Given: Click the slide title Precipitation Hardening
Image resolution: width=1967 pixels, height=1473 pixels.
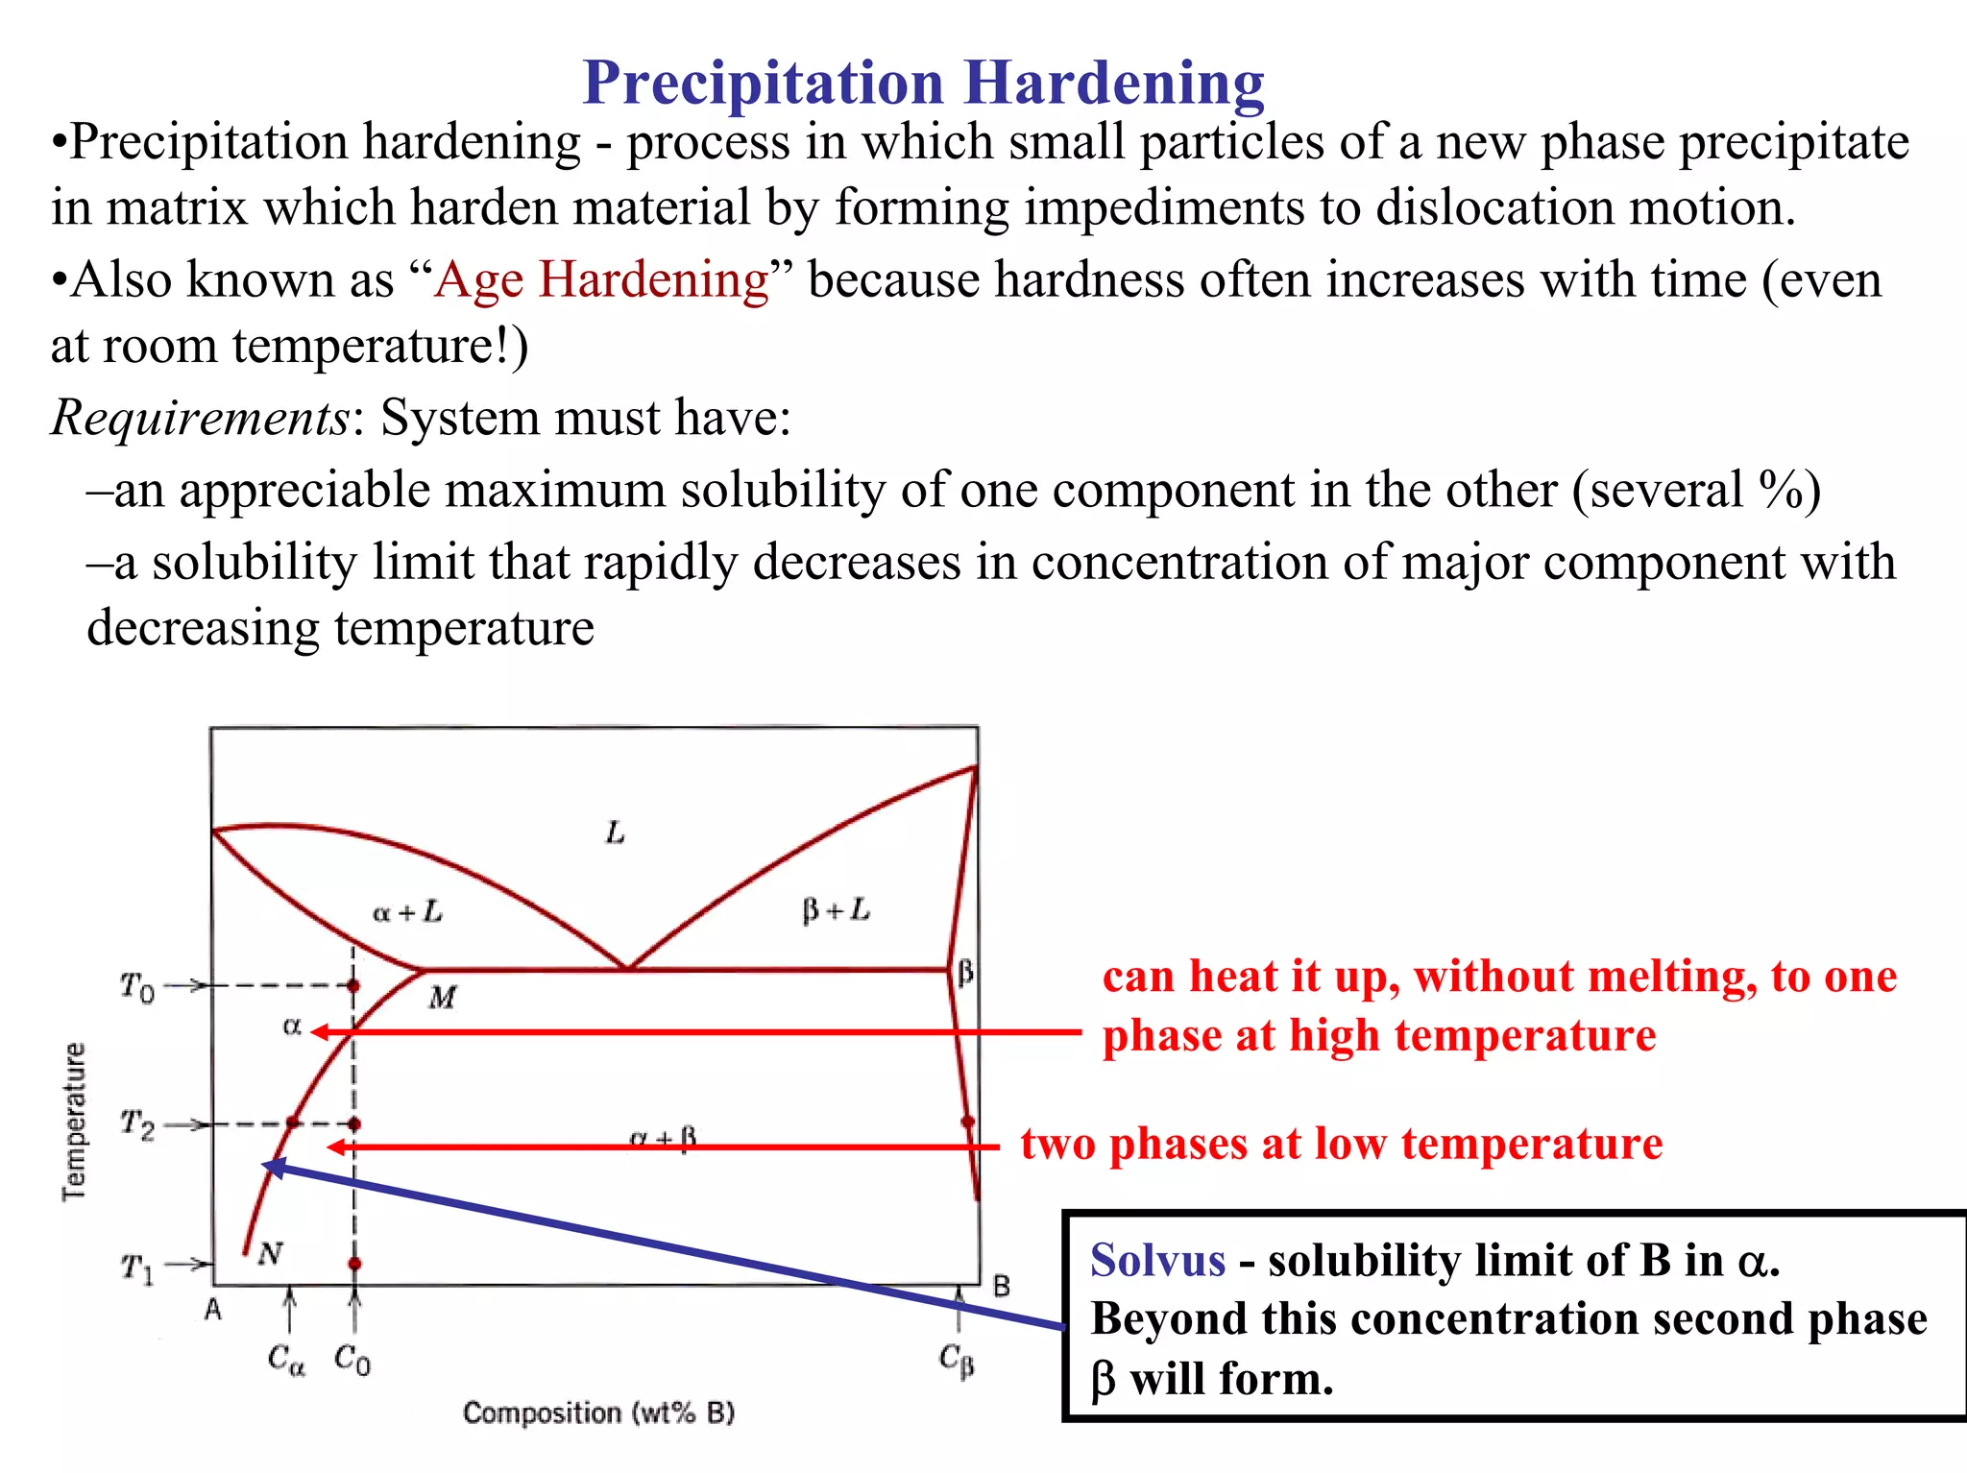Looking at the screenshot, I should tap(923, 83).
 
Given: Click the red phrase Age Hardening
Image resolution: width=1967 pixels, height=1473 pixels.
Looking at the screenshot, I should tap(601, 280).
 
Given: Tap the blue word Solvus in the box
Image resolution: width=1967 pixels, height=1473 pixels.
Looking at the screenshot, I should tap(1157, 1260).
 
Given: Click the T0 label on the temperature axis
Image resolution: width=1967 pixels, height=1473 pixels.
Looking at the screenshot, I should tap(136, 986).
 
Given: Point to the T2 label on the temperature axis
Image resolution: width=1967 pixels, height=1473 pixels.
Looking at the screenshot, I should tap(136, 1123).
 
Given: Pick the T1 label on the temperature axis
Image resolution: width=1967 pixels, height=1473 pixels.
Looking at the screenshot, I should tap(136, 1268).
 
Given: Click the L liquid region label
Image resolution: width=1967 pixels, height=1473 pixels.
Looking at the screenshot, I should tap(616, 833).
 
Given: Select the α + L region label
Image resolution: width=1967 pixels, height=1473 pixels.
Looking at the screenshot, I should tap(407, 910).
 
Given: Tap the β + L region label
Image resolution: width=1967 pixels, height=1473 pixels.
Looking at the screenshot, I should tap(836, 908).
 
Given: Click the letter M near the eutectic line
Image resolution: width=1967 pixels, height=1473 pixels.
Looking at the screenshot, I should tap(442, 998).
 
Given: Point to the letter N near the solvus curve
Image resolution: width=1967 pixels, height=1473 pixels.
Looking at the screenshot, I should tap(271, 1252).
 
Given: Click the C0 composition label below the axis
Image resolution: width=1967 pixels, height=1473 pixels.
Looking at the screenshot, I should tap(352, 1359).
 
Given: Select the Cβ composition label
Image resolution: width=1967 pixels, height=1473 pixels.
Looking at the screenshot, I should tap(957, 1359).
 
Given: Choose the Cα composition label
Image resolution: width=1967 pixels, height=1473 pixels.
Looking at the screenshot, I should tap(286, 1359).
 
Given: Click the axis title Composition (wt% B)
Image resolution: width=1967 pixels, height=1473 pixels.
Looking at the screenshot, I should tap(598, 1413).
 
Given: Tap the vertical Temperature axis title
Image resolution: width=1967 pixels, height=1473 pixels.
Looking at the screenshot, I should tap(74, 1121).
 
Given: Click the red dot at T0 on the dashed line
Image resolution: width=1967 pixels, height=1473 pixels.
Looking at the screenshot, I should tap(353, 985).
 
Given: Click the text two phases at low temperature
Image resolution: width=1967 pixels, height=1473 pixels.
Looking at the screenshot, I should tap(1341, 1144).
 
